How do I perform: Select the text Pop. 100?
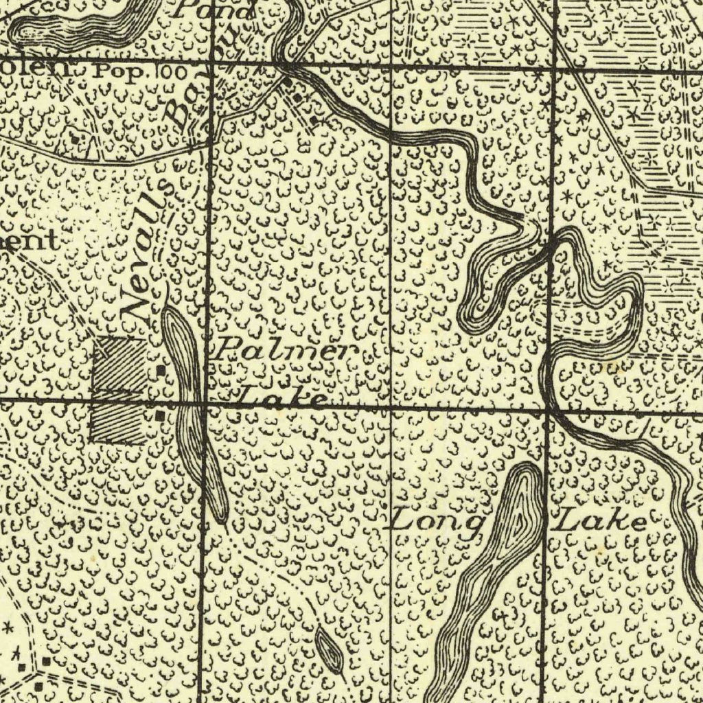tap(132, 69)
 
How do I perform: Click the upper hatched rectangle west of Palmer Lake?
tap(121, 364)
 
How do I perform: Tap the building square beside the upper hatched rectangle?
tap(160, 371)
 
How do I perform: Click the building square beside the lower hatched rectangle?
tap(160, 415)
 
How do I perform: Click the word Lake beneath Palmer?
tap(281, 397)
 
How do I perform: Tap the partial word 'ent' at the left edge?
tap(27, 242)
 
